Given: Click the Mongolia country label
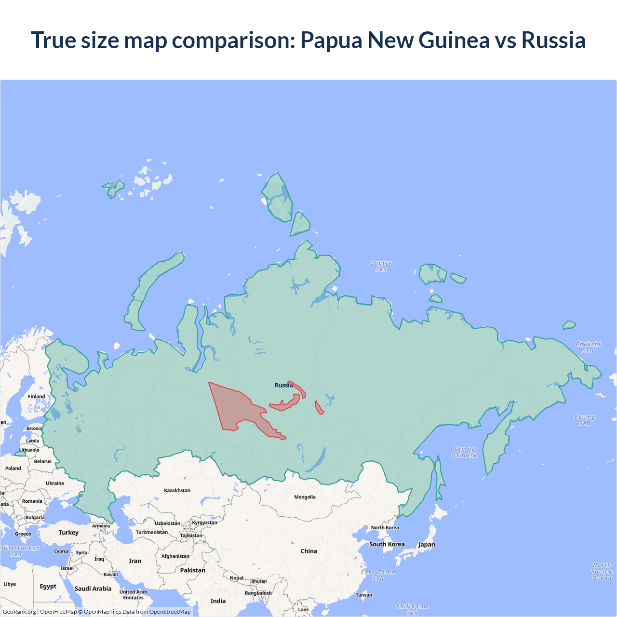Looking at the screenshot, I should (305, 497).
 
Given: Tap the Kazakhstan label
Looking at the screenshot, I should (177, 490).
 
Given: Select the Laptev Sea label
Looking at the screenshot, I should (381, 266).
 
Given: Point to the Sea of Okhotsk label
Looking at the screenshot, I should (464, 452).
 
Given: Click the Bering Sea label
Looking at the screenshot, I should (584, 420).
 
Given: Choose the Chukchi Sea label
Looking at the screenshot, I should (588, 347).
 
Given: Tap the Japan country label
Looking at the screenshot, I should (427, 545).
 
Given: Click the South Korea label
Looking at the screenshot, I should (387, 544).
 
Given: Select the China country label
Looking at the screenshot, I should (308, 551).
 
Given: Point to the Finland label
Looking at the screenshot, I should (36, 396).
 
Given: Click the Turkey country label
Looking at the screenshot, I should (68, 533).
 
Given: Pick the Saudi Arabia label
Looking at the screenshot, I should (93, 589).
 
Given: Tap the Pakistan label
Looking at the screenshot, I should (192, 570).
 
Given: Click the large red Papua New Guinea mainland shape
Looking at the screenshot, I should (236, 405).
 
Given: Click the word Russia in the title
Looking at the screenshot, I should (553, 40).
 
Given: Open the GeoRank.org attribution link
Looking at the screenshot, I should (19, 612).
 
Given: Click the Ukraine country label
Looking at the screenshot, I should (55, 483).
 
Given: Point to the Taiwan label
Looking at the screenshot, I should (364, 595).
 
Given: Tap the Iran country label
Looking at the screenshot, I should (135, 561).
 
